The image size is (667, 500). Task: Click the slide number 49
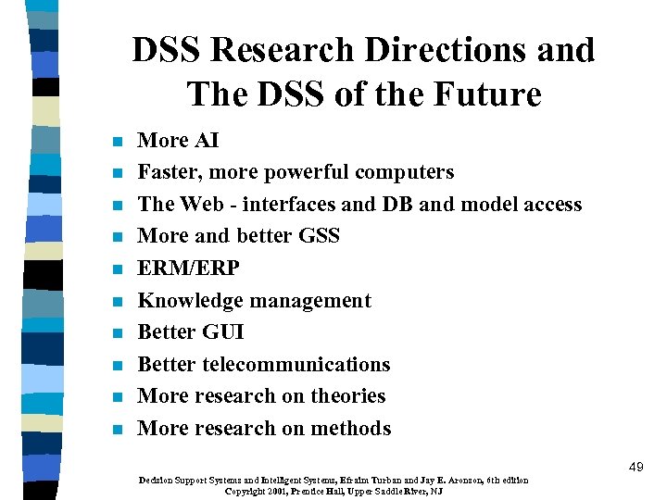click(635, 468)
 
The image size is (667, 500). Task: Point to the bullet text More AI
click(178, 140)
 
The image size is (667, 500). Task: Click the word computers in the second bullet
click(408, 172)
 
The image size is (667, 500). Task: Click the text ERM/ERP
click(188, 269)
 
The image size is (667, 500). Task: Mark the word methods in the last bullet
click(350, 428)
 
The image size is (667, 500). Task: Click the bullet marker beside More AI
click(116, 143)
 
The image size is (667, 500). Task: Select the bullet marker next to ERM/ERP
click(116, 270)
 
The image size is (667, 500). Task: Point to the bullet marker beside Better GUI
click(116, 333)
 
